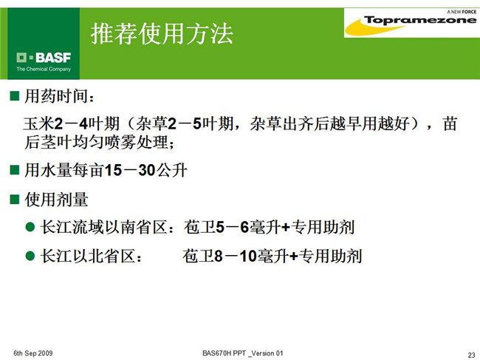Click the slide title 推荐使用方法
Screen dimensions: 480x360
pos(162,33)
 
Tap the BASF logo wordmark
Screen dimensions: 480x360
pos(44,58)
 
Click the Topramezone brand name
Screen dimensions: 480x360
pos(420,20)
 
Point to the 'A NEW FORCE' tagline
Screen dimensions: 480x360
pos(462,12)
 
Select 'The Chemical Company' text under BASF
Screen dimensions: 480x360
pos(44,69)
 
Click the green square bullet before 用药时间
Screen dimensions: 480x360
pos(14,96)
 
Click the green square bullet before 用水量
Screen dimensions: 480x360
pos(14,170)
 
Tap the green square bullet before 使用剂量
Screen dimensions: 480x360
pos(14,199)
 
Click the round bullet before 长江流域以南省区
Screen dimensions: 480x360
pos(30,227)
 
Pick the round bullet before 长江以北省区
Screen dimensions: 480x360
pos(30,256)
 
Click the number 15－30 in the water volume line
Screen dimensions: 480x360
pos(130,170)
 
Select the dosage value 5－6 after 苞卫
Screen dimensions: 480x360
pos(233,228)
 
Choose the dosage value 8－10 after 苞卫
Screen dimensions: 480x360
pos(235,256)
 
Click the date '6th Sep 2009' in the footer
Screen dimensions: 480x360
pos(33,353)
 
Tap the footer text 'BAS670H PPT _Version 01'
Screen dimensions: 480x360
pos(243,353)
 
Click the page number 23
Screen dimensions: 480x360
pos(471,355)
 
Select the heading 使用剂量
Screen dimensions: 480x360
pos(56,200)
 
